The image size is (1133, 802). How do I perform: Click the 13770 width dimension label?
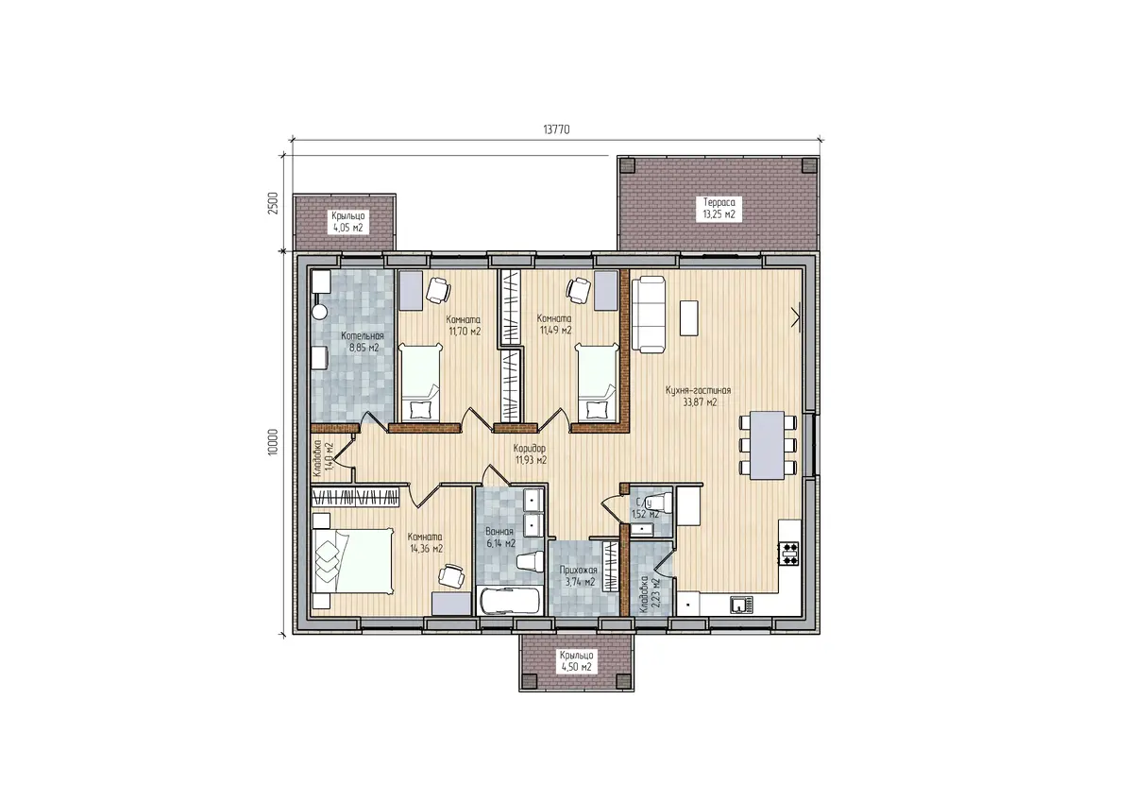pos(556,130)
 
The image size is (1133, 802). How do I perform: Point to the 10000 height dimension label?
pos(273,442)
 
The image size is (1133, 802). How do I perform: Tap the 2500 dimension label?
pos(273,203)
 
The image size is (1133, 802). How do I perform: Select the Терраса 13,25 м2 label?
pos(719,208)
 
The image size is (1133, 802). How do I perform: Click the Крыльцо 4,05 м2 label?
pos(348,222)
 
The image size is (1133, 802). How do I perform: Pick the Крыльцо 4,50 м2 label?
pos(576,661)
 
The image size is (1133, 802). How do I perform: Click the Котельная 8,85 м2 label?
pos(363,342)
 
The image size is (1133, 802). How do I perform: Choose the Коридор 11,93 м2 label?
pos(530,453)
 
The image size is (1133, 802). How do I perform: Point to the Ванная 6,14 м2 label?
pos(499,538)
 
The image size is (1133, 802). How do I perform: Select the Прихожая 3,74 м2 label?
pos(579,576)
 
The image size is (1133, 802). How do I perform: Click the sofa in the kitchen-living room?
pos(649,315)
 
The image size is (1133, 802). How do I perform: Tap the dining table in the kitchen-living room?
pos(768,445)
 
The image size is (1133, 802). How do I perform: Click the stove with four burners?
pos(790,553)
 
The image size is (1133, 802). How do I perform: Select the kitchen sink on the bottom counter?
pos(741,605)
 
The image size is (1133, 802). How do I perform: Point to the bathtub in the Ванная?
pos(510,601)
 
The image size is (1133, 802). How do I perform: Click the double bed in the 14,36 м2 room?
pos(352,560)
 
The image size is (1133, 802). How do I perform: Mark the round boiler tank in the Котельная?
pos(320,312)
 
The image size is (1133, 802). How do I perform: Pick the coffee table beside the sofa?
pos(689,317)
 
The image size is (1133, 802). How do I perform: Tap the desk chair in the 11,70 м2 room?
pos(438,290)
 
